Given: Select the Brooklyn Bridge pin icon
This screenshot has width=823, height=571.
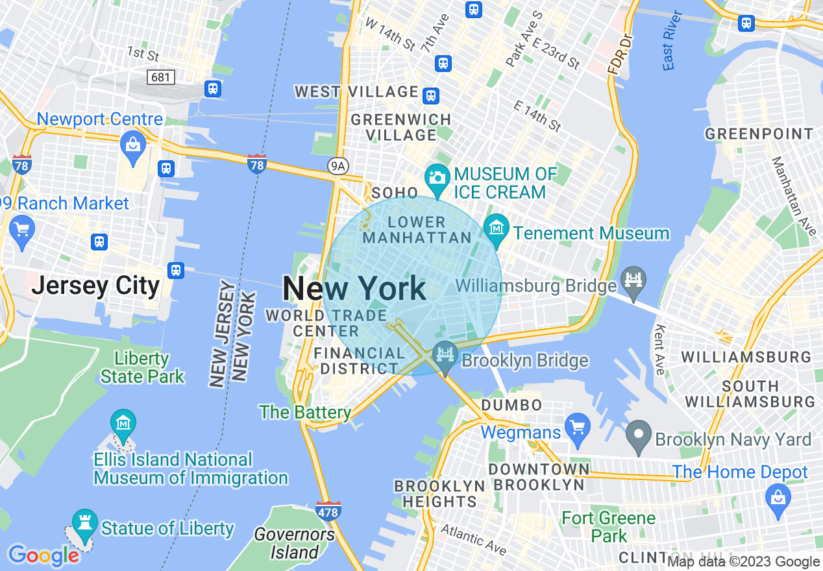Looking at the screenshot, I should point(446,356).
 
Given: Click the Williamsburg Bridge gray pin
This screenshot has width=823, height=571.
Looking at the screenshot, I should point(633,280).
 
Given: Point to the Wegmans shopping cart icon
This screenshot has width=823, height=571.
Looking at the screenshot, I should point(577,428).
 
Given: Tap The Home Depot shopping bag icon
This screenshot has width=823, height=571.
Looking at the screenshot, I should point(778,499).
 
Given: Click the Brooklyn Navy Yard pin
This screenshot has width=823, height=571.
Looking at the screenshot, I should point(639,434).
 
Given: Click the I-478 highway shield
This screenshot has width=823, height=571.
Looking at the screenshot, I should point(329,511).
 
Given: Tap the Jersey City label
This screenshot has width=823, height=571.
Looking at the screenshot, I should point(95,285).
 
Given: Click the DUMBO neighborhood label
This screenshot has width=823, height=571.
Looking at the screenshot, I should point(511,406).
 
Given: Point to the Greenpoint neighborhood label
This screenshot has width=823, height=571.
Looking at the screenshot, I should point(759,134).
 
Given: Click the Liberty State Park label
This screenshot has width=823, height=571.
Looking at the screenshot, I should point(142,367).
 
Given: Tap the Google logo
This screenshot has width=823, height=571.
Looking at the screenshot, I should point(43,555).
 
